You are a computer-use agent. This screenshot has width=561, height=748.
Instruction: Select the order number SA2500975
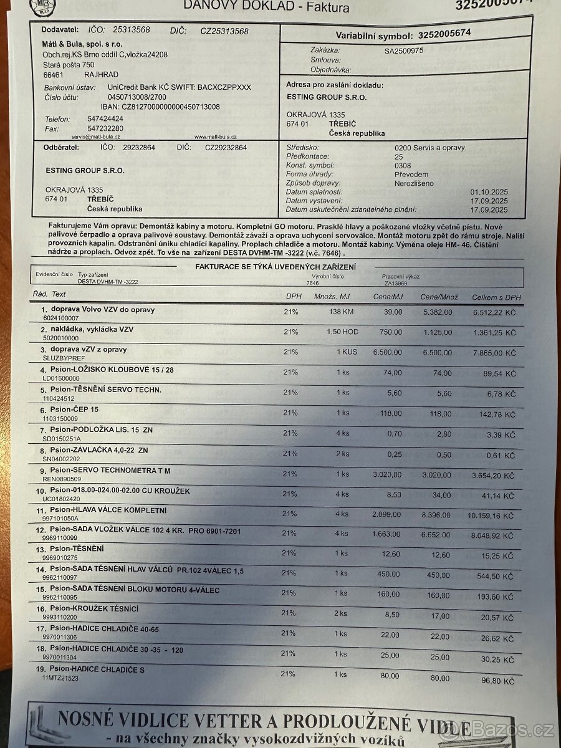pos(404,51)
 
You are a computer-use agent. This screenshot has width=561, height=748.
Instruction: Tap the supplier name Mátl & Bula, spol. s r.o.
pos(82,44)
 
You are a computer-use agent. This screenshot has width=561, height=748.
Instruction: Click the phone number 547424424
pos(105,118)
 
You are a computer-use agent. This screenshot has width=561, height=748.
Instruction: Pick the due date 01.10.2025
pos(489,193)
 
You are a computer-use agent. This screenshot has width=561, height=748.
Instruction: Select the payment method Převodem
pos(411,175)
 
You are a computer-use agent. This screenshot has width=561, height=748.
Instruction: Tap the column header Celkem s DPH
pos(496,298)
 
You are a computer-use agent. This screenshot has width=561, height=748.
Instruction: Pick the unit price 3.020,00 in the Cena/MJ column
pos(386,474)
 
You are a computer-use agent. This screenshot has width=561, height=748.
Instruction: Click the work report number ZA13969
pos(395,283)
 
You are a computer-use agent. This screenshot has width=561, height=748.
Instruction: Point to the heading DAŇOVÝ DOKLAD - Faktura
pos(266,6)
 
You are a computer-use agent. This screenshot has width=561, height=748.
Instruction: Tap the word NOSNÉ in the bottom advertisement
pos(88,719)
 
